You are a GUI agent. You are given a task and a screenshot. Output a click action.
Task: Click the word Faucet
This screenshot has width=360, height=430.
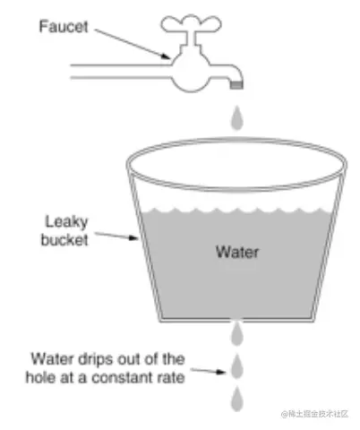(x=64, y=27)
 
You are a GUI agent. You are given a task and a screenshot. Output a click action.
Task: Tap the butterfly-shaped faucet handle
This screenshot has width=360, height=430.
(x=191, y=24)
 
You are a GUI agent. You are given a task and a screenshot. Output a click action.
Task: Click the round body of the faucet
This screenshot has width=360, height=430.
(x=191, y=73)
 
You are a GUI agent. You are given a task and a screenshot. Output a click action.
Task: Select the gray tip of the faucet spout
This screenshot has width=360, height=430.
(x=236, y=85)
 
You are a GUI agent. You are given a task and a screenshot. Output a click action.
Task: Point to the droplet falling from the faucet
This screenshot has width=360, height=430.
(x=237, y=118)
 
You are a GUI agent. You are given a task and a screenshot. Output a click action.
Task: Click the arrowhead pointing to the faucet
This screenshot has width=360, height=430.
(x=166, y=56)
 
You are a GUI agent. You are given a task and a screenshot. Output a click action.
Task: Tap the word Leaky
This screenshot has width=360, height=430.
(x=66, y=222)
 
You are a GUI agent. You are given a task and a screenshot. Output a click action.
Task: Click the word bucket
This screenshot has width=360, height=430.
(x=64, y=240)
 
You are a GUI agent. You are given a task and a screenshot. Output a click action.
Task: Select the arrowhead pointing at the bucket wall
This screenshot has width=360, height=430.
(x=133, y=237)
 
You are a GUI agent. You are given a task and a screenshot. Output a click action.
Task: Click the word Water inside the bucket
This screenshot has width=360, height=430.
(x=237, y=252)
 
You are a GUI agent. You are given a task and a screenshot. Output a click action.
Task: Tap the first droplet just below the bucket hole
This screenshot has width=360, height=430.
(x=237, y=334)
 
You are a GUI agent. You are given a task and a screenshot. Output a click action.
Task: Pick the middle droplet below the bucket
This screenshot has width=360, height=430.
(x=237, y=366)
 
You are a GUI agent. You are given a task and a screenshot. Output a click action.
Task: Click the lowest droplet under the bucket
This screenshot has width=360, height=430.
(x=237, y=399)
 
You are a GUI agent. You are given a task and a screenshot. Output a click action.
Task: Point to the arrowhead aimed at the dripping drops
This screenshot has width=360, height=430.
(x=221, y=372)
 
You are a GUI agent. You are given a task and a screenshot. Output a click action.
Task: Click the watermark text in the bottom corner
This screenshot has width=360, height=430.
(x=314, y=414)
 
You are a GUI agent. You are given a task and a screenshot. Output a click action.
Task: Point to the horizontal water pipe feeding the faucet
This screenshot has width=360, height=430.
(x=121, y=72)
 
